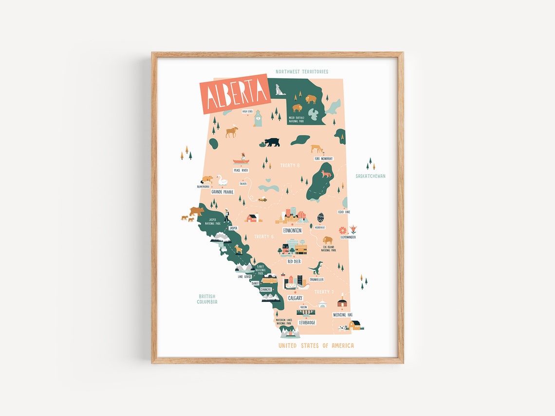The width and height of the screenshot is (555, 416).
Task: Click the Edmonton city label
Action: (292, 230)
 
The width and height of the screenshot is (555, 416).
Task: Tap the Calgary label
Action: (295, 298)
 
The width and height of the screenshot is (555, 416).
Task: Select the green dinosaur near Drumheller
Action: (316, 268)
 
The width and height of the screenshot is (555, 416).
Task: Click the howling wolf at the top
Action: (279, 90)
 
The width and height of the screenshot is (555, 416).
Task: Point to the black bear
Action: (272, 142)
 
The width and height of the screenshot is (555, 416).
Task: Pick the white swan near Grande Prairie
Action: (222, 181)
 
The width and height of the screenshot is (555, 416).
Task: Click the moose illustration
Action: (232, 131)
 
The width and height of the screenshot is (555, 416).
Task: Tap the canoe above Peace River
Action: (240, 161)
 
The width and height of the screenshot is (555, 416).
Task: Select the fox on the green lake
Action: (325, 174)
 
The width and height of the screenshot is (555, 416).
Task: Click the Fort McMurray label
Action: (323, 159)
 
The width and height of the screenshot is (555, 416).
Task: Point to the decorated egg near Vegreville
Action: (320, 217)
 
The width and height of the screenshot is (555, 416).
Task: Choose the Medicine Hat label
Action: (342, 315)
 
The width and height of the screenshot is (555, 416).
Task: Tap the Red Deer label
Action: (294, 261)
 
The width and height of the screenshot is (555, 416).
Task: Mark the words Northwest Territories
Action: (302, 72)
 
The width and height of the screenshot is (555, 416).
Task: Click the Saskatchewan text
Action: (370, 176)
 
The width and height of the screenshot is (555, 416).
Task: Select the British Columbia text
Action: (207, 299)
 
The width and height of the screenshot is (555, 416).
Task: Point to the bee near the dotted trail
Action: (262, 199)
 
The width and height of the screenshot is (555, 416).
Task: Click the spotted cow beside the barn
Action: (344, 327)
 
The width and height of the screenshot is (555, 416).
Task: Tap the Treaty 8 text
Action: (290, 165)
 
